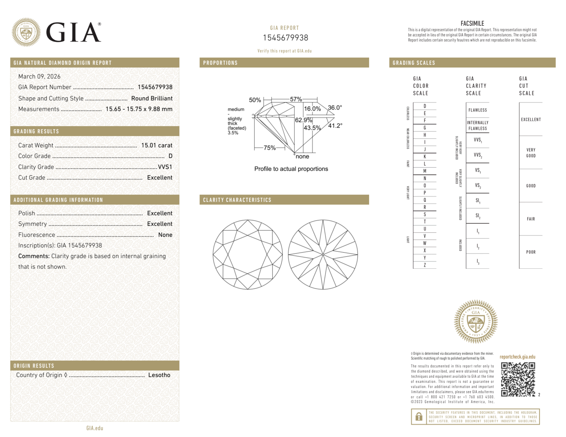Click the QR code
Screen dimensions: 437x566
click(x=518, y=379)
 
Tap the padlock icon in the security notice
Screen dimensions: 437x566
click(x=419, y=416)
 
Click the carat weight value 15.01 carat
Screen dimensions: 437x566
click(x=157, y=145)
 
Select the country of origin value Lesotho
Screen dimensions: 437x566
click(x=159, y=375)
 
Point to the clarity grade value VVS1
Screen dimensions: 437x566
click(x=165, y=167)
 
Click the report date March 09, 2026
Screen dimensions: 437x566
click(x=39, y=76)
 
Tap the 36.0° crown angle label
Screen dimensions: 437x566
click(x=335, y=108)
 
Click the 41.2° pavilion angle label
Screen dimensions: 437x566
click(x=335, y=126)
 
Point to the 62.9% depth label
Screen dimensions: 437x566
click(x=304, y=120)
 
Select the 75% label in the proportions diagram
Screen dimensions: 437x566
click(x=269, y=148)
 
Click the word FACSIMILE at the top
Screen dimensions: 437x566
click(x=472, y=23)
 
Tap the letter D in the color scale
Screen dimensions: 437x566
click(x=425, y=106)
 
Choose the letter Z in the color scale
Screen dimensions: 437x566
click(x=425, y=265)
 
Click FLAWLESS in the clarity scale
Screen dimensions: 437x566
click(x=477, y=110)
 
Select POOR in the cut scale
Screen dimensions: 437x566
click(x=531, y=252)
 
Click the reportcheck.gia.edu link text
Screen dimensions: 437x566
click(x=517, y=357)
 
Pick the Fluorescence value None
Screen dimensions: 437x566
click(x=165, y=235)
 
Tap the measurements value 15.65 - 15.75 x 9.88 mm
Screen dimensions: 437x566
click(x=139, y=109)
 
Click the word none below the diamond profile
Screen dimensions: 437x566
click(x=302, y=156)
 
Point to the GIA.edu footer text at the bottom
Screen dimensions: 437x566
click(x=95, y=428)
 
